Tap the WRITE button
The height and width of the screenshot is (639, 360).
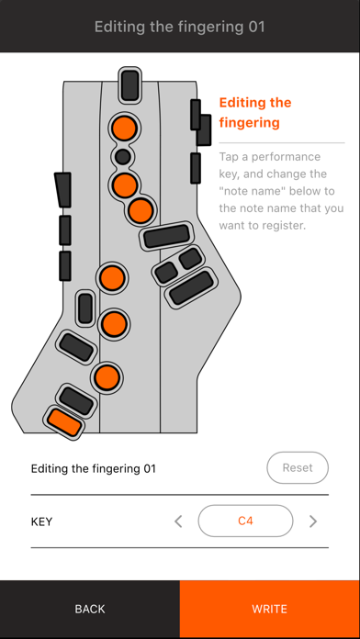tap(269, 609)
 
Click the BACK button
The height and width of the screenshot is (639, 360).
tap(90, 609)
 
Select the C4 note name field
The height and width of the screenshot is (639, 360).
tap(245, 521)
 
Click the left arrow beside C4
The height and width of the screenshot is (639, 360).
tap(178, 521)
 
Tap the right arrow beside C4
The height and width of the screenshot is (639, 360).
tap(313, 521)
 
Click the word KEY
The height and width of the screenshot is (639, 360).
tap(41, 521)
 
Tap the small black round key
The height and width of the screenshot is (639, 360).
tap(123, 156)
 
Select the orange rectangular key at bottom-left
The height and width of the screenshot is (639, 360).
tap(64, 422)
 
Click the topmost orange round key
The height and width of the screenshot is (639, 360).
tap(124, 128)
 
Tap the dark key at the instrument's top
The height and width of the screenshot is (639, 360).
tap(130, 85)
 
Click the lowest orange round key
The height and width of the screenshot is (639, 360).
tap(107, 377)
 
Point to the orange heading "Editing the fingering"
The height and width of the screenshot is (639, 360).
tap(255, 112)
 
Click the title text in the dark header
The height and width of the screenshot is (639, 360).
tap(180, 27)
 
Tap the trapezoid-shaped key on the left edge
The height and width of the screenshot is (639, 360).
tap(63, 189)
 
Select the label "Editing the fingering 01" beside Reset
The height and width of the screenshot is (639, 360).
tap(94, 468)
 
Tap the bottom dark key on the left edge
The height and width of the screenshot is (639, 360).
tap(65, 265)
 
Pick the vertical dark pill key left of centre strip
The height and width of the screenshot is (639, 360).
tap(85, 308)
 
